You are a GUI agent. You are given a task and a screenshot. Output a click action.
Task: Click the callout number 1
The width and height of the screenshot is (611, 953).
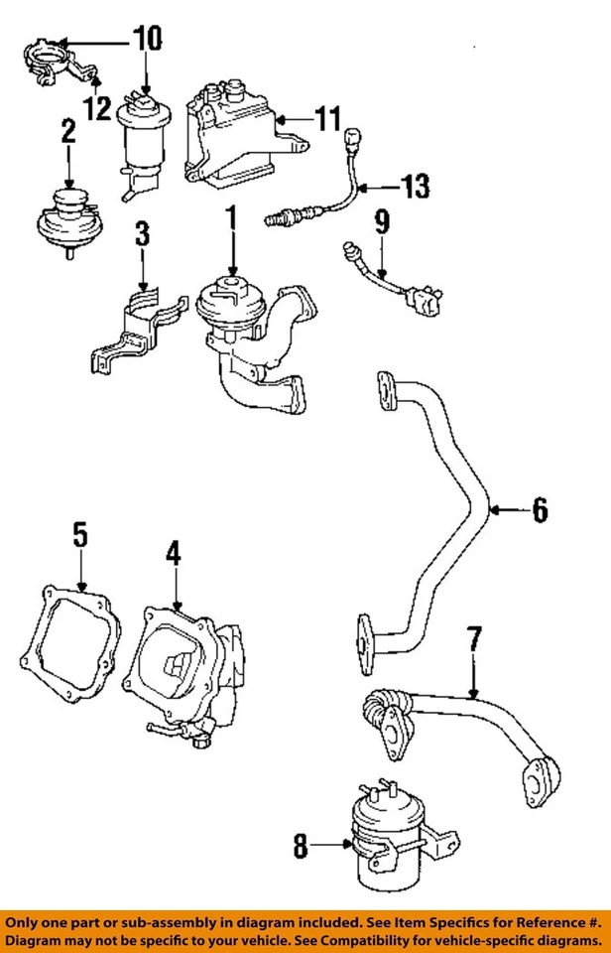click(x=232, y=214)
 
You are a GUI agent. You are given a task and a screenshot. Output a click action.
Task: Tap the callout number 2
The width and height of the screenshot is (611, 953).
click(x=68, y=132)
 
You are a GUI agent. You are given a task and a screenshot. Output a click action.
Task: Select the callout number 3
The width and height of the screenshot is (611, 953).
click(x=143, y=235)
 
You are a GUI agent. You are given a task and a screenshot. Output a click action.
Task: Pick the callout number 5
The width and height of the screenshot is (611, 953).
click(x=80, y=536)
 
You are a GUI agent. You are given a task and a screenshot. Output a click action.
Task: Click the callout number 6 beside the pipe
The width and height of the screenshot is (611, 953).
click(x=539, y=511)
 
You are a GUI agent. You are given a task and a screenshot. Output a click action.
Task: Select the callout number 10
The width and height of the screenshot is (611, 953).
click(x=146, y=40)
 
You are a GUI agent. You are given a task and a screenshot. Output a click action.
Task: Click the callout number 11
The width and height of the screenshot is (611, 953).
click(x=327, y=121)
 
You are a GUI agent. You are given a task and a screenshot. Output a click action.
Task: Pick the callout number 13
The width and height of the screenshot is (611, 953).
click(x=417, y=185)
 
